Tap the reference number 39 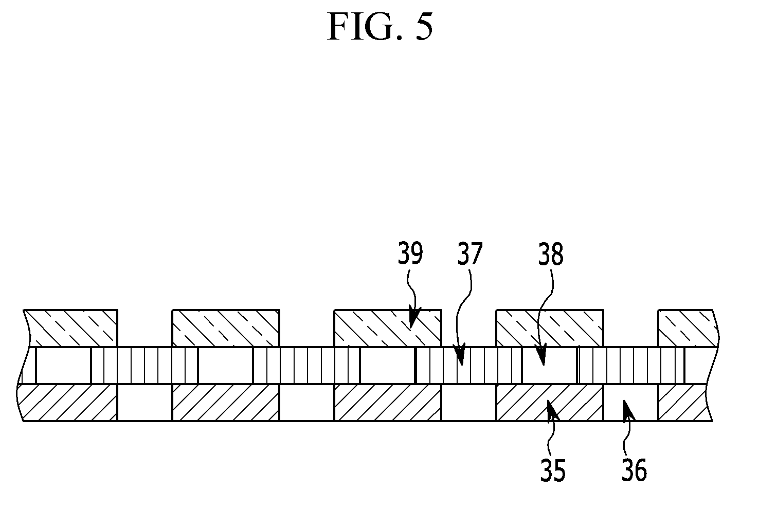[410, 253]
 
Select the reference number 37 [469, 253]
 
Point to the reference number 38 [551, 254]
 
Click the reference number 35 [553, 470]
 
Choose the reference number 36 [635, 470]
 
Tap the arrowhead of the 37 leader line [460, 354]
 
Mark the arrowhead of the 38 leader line [541, 354]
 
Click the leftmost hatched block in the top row [70, 328]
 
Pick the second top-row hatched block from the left [226, 328]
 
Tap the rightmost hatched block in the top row [688, 328]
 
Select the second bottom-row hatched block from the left [226, 403]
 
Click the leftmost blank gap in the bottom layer [145, 403]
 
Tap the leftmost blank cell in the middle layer [63, 366]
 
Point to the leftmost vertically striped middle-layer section [144, 366]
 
